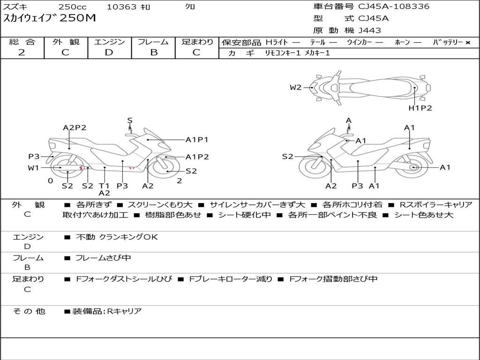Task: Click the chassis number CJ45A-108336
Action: click(394, 7)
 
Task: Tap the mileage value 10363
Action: click(121, 7)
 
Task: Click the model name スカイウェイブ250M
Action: click(49, 18)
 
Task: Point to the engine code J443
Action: click(369, 30)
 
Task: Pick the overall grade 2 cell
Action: click(22, 52)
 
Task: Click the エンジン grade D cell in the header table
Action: click(109, 52)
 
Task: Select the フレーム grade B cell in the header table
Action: click(154, 52)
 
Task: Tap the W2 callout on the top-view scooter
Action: click(295, 87)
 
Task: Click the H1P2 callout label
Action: click(420, 108)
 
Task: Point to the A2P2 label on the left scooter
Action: click(75, 127)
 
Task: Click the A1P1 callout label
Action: click(197, 140)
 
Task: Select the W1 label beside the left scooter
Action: click(33, 167)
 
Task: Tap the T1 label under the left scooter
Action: click(104, 186)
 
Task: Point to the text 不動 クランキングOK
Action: click(117, 237)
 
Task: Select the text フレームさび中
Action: click(103, 258)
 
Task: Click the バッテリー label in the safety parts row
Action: click(448, 42)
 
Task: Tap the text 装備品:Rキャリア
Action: click(106, 311)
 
